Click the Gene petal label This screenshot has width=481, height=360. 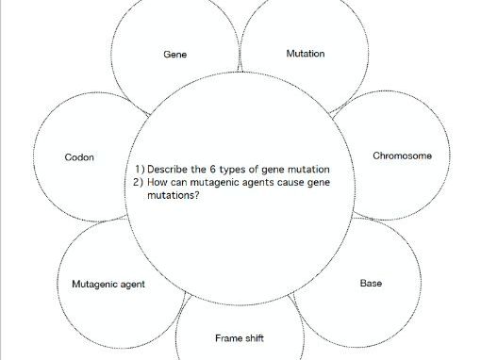point(174,55)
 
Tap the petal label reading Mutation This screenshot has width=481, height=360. point(305,54)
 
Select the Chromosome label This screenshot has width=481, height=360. point(403,155)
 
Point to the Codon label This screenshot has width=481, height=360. point(79,157)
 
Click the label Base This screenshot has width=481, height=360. point(371,283)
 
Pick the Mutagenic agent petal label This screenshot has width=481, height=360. point(108,284)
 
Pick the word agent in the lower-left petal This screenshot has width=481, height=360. point(132,284)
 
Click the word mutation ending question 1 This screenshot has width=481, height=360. point(307,169)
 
